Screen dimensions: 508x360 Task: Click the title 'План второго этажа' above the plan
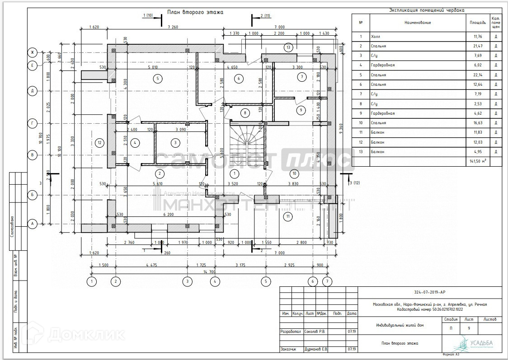pyautogui.click(x=195, y=12)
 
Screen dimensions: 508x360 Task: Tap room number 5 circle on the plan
pyautogui.click(x=157, y=79)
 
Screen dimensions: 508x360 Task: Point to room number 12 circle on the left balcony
pyautogui.click(x=100, y=143)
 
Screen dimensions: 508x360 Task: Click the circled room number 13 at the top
pyautogui.click(x=287, y=47)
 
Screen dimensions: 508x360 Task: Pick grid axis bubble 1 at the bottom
pyautogui.click(x=92, y=281)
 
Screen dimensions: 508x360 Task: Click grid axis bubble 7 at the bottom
pyautogui.click(x=327, y=281)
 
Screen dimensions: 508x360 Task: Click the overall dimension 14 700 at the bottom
pyautogui.click(x=209, y=272)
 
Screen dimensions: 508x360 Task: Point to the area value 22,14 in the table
pyautogui.click(x=477, y=75)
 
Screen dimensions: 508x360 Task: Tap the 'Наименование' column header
pyautogui.click(x=417, y=22)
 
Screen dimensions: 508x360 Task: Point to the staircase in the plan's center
pyautogui.click(x=246, y=145)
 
